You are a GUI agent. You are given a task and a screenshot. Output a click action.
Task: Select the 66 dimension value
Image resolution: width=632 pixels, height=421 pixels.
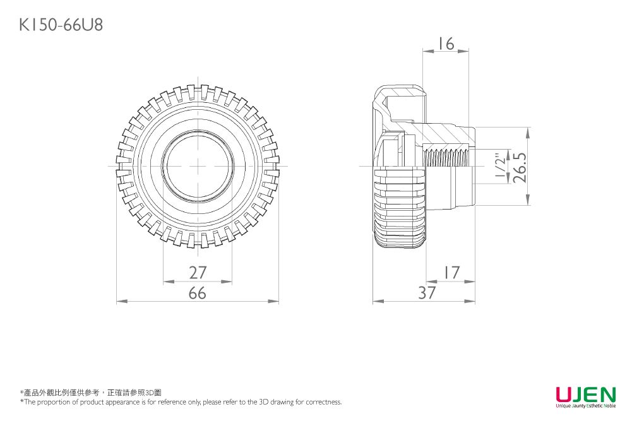tap(198, 294)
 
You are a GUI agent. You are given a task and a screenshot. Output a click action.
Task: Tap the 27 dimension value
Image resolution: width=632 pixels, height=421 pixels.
tap(198, 273)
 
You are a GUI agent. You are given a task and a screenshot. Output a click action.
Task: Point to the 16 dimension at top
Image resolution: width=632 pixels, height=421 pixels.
tap(446, 44)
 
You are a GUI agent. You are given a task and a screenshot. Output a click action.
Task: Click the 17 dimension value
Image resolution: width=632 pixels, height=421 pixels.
tap(450, 273)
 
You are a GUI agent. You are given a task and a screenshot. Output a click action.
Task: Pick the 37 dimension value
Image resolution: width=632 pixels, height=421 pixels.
tap(427, 294)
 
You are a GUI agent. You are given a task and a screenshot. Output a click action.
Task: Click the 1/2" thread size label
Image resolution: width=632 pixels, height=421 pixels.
tap(501, 167)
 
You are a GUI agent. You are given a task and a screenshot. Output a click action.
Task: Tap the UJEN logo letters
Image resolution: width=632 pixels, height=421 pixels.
tap(585, 394)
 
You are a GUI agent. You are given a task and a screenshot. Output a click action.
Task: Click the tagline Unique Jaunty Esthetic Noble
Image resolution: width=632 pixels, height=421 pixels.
tap(585, 406)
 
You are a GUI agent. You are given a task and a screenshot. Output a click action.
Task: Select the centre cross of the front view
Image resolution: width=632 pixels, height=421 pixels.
tap(198, 166)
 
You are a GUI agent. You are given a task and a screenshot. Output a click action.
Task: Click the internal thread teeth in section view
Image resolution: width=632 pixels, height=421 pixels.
tap(447, 157)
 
